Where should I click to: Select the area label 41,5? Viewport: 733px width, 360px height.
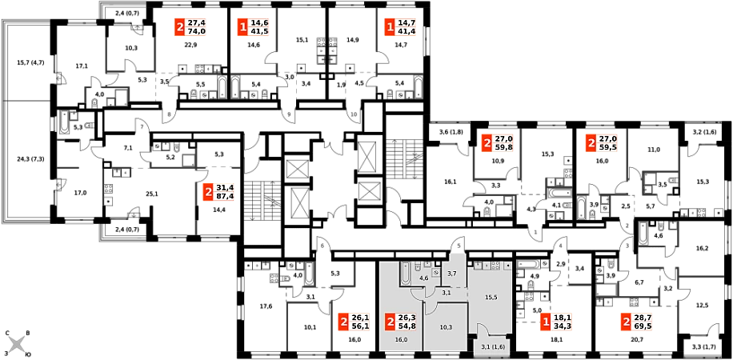coord(259,31)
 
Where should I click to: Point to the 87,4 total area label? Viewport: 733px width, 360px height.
coord(225,195)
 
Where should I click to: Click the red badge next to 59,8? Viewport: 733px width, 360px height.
coord(486,143)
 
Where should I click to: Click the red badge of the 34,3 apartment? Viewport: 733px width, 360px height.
coord(545,322)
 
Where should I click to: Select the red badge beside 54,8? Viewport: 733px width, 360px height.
coord(390,322)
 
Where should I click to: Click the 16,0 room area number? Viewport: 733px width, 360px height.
coord(402,340)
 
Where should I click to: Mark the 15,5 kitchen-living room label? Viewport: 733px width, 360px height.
coord(491,298)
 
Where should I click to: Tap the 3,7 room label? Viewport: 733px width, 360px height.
coord(452,274)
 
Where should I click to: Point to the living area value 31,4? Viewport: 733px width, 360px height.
coord(225,187)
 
